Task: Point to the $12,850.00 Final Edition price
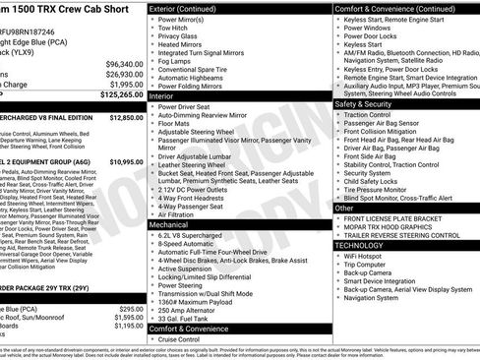point(126,116)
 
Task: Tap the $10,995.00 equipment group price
point(126,161)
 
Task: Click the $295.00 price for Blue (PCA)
point(130,308)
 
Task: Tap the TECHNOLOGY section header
point(370,245)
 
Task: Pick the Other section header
point(345,208)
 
